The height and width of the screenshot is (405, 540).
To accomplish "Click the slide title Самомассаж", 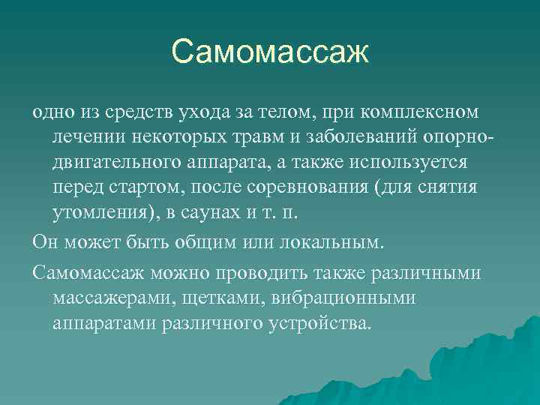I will [270, 52].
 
